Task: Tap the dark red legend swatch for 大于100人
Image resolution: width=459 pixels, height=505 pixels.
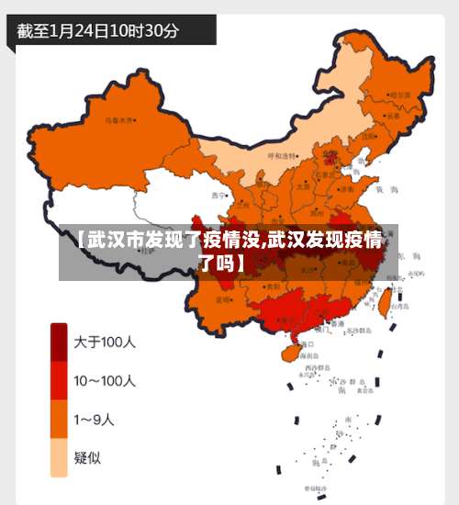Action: (59, 342)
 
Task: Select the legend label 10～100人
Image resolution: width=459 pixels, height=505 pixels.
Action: (106, 380)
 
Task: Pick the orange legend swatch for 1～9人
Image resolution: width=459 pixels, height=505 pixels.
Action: (59, 420)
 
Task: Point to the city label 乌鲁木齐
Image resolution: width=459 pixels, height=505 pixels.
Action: (119, 119)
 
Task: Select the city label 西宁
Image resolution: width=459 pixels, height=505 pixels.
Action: (218, 196)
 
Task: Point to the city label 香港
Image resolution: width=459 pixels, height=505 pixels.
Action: (336, 323)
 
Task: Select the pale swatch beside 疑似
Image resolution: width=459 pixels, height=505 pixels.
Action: (59, 458)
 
